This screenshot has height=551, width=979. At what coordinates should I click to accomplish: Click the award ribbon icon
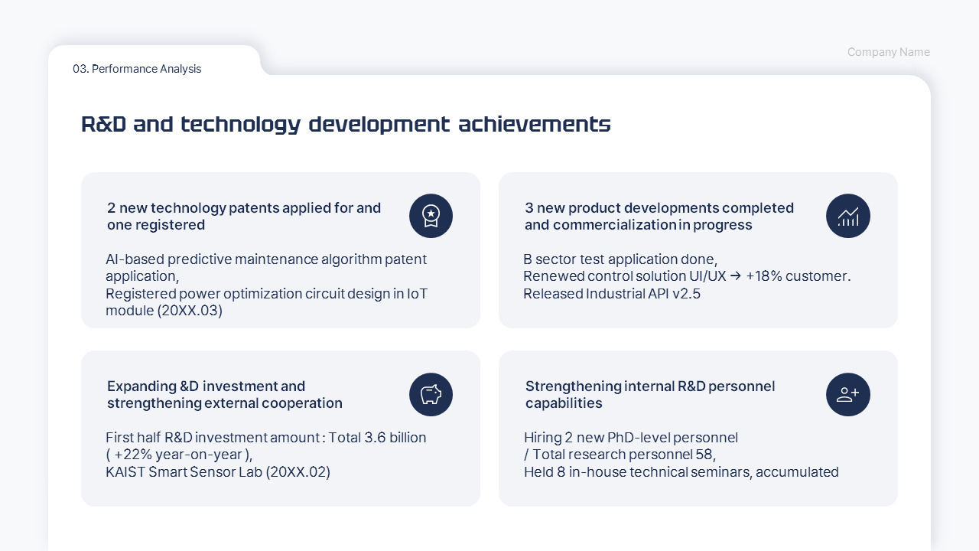point(431,216)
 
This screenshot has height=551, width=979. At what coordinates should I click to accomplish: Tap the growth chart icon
point(848,216)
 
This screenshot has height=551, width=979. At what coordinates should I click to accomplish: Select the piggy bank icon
point(431,394)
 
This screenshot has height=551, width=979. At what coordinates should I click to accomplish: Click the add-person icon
point(848,394)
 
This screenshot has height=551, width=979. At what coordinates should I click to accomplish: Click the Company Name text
point(889,52)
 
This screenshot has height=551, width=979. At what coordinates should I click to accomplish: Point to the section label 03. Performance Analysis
point(137,69)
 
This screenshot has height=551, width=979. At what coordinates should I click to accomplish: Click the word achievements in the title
point(535,124)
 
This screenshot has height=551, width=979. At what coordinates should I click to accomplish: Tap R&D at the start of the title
point(103,124)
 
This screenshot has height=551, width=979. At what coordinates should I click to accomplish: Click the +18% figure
point(764,276)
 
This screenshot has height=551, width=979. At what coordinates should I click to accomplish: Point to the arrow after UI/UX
point(736,276)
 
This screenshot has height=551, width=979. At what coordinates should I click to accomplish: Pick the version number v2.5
point(686,293)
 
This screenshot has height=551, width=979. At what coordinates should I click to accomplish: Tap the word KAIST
point(125,472)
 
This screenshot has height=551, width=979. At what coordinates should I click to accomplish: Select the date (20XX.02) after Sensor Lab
point(298,472)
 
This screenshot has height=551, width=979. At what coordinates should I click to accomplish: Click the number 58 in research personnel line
point(704,455)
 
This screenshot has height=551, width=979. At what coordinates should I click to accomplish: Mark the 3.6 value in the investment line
point(375,437)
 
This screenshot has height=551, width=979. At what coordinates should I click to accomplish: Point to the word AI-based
point(135,259)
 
